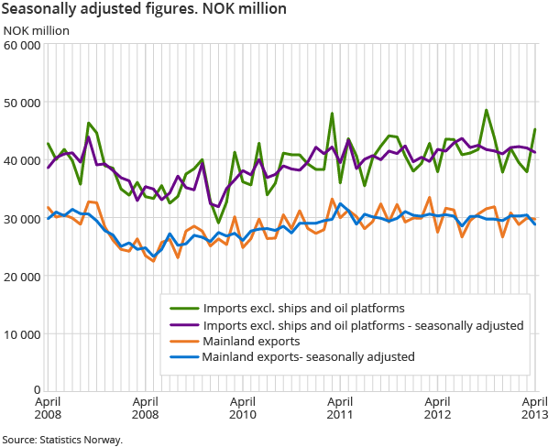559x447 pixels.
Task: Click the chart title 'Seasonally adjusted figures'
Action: click(x=145, y=9)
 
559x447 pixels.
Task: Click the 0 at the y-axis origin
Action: click(x=36, y=391)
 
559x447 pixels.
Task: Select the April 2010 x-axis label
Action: click(x=242, y=407)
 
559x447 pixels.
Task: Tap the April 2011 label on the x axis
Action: click(x=340, y=407)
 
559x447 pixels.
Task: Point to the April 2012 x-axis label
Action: click(x=438, y=407)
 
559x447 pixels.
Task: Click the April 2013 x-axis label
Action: click(x=535, y=407)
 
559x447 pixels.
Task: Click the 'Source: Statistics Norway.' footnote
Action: click(x=62, y=440)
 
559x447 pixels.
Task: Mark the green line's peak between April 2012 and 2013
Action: click(x=487, y=110)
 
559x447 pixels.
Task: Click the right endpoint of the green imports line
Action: click(x=535, y=129)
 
